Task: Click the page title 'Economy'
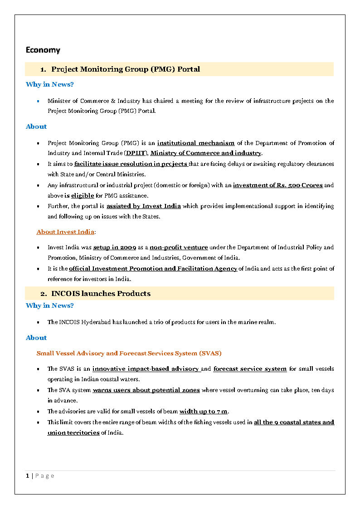43,50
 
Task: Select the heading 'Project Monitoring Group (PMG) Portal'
126,69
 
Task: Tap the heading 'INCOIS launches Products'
101,294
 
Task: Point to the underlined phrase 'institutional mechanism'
196,143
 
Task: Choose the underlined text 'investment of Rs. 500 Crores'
277,185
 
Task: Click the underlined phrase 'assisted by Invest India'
144,206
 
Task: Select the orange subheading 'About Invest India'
65,232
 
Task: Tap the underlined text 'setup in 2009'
115,247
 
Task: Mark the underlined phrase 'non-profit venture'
179,247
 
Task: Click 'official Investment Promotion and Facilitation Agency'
153,269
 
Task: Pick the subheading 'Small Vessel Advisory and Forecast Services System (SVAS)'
129,353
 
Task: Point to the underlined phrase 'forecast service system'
250,369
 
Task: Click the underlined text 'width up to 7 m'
203,412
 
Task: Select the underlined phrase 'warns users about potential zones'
146,390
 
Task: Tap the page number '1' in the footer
28,475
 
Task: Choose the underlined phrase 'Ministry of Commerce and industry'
206,153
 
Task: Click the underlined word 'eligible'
82,196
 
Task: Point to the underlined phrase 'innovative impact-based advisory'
146,369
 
